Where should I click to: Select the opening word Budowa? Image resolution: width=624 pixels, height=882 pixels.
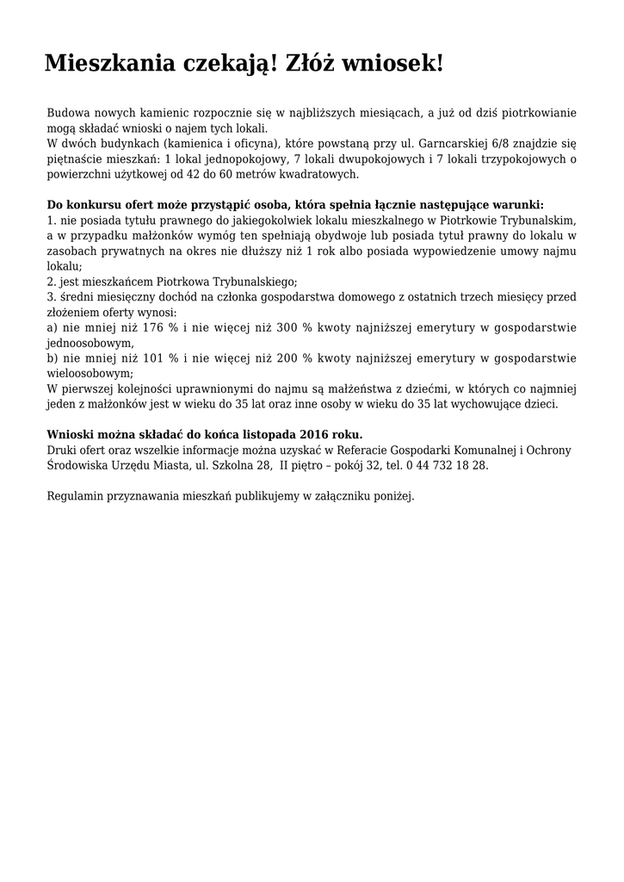click(67, 114)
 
